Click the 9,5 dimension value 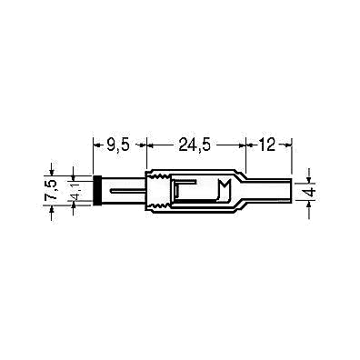pos(117,145)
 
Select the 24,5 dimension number pos(195,145)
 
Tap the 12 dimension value pos(266,145)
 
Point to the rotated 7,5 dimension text pos(50,190)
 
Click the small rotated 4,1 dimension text pos(74,192)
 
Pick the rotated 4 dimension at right pos(309,192)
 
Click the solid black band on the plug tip pos(97,191)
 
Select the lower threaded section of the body pos(158,207)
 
